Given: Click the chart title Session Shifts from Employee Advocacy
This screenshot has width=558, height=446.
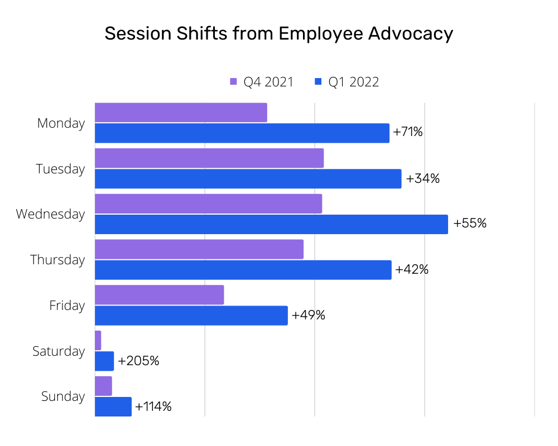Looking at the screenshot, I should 278,34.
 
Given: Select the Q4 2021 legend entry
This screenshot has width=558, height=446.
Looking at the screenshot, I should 262,82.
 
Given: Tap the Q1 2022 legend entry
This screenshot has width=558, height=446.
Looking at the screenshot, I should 347,82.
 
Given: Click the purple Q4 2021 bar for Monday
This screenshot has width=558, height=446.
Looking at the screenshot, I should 181,113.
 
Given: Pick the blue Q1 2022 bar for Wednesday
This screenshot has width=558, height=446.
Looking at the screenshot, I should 271,224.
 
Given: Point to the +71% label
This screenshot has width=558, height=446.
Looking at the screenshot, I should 408,133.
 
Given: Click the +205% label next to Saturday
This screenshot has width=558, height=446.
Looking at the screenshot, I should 138,361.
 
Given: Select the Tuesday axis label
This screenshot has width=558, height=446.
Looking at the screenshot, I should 60,169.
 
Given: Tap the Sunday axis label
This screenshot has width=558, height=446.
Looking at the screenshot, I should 63,396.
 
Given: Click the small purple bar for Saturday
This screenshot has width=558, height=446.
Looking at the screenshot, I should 98,341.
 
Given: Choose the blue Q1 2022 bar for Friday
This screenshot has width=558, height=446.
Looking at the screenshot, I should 191,316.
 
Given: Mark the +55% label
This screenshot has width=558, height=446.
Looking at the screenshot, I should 470,224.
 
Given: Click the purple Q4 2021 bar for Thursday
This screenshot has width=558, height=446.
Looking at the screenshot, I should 199,249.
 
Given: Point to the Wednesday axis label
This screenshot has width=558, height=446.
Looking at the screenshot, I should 50,214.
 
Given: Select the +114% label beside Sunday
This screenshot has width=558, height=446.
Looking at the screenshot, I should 153,406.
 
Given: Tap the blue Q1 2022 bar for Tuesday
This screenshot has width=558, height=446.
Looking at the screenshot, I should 248,178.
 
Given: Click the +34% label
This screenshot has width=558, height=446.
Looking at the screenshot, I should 422,178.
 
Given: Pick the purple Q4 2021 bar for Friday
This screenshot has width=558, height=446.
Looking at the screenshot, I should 159,295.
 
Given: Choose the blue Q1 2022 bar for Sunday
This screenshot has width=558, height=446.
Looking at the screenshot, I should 113,406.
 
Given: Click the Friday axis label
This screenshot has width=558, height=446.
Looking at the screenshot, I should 67,306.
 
